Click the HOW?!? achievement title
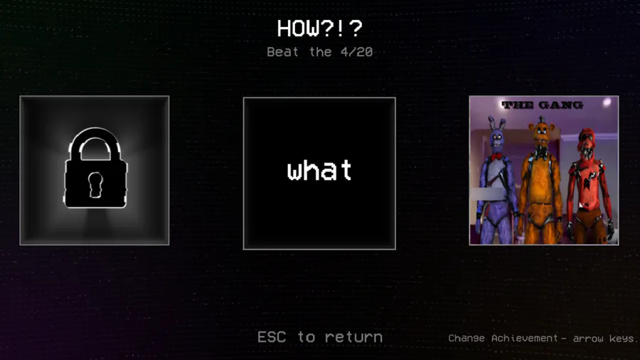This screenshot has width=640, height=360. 319,28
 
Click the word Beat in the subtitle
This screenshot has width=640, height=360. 282,52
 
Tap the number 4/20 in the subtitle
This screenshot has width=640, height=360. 357,52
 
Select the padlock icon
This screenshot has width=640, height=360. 95,168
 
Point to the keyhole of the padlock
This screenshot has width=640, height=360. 95,184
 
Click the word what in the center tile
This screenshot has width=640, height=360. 319,170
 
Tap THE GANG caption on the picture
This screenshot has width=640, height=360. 543,105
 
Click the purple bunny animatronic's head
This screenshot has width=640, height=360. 497,136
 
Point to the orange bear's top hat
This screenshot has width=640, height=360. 541,120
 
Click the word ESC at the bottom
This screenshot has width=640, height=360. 272,337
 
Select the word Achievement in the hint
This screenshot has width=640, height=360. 525,338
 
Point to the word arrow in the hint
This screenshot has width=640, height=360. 589,339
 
